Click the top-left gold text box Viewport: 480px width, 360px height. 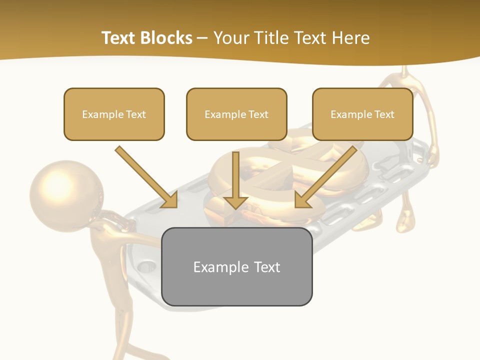coord(114,114)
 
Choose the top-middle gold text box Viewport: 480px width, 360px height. coord(236,114)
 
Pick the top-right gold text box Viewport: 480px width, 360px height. coord(362,114)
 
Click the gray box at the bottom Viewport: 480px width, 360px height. coord(237,266)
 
